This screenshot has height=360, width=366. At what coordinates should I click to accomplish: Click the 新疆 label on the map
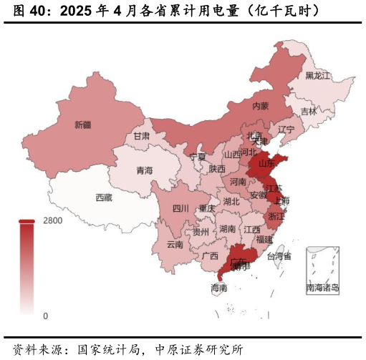[83, 125]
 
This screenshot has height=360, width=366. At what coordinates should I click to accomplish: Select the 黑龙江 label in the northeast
[318, 75]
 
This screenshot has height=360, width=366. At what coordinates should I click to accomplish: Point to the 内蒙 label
[261, 105]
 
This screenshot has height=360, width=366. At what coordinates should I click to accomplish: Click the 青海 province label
[145, 170]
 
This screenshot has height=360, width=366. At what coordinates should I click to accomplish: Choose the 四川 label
[180, 209]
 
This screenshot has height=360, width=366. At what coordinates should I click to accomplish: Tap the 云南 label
[175, 244]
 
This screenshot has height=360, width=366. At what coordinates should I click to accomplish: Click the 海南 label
[219, 288]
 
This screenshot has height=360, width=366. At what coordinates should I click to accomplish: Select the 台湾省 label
[279, 256]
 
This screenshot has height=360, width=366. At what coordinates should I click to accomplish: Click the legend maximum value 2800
[53, 220]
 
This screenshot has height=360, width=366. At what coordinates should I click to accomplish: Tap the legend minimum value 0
[45, 316]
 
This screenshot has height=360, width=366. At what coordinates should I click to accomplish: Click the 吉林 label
[308, 112]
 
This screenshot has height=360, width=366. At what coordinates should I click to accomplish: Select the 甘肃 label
[142, 136]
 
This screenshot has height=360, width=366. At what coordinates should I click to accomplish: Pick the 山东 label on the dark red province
[266, 163]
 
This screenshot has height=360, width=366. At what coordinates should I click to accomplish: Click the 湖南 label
[228, 229]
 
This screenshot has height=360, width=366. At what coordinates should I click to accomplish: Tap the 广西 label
[210, 256]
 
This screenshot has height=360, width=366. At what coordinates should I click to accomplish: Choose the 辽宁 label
[286, 130]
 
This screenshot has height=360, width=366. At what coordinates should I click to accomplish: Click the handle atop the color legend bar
[27, 221]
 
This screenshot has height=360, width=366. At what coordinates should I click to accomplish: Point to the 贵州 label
[201, 232]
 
